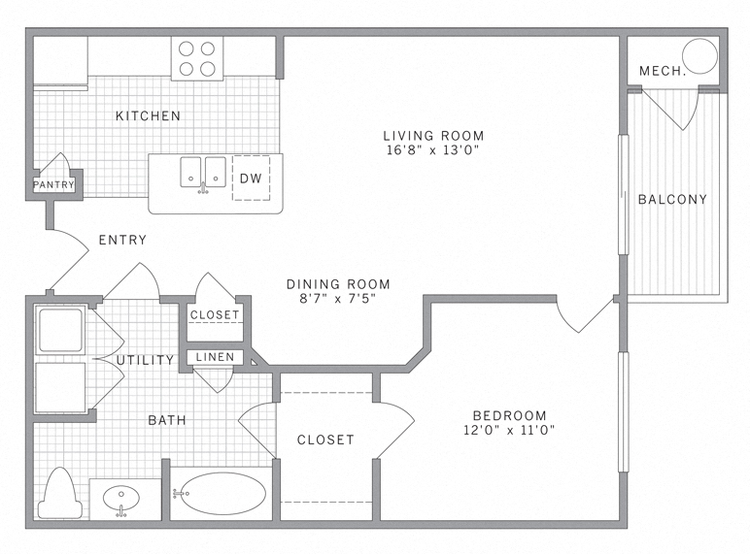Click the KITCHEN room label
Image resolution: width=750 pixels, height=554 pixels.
148,116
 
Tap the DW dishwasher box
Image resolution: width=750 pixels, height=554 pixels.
251,178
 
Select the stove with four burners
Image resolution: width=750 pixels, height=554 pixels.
197,58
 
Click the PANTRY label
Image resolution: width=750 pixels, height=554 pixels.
54,184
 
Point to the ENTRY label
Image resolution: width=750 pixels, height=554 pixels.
122,241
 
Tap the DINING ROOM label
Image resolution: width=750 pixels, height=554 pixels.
338,284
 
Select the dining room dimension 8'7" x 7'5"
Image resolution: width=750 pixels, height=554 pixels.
338,299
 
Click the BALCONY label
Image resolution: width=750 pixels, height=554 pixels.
672,200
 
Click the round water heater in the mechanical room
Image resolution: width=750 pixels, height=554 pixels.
699,53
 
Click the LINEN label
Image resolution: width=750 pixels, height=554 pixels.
215,357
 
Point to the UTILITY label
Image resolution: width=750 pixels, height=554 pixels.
145,360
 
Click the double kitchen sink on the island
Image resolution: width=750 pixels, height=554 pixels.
203,172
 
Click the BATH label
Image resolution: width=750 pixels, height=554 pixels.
166,420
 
